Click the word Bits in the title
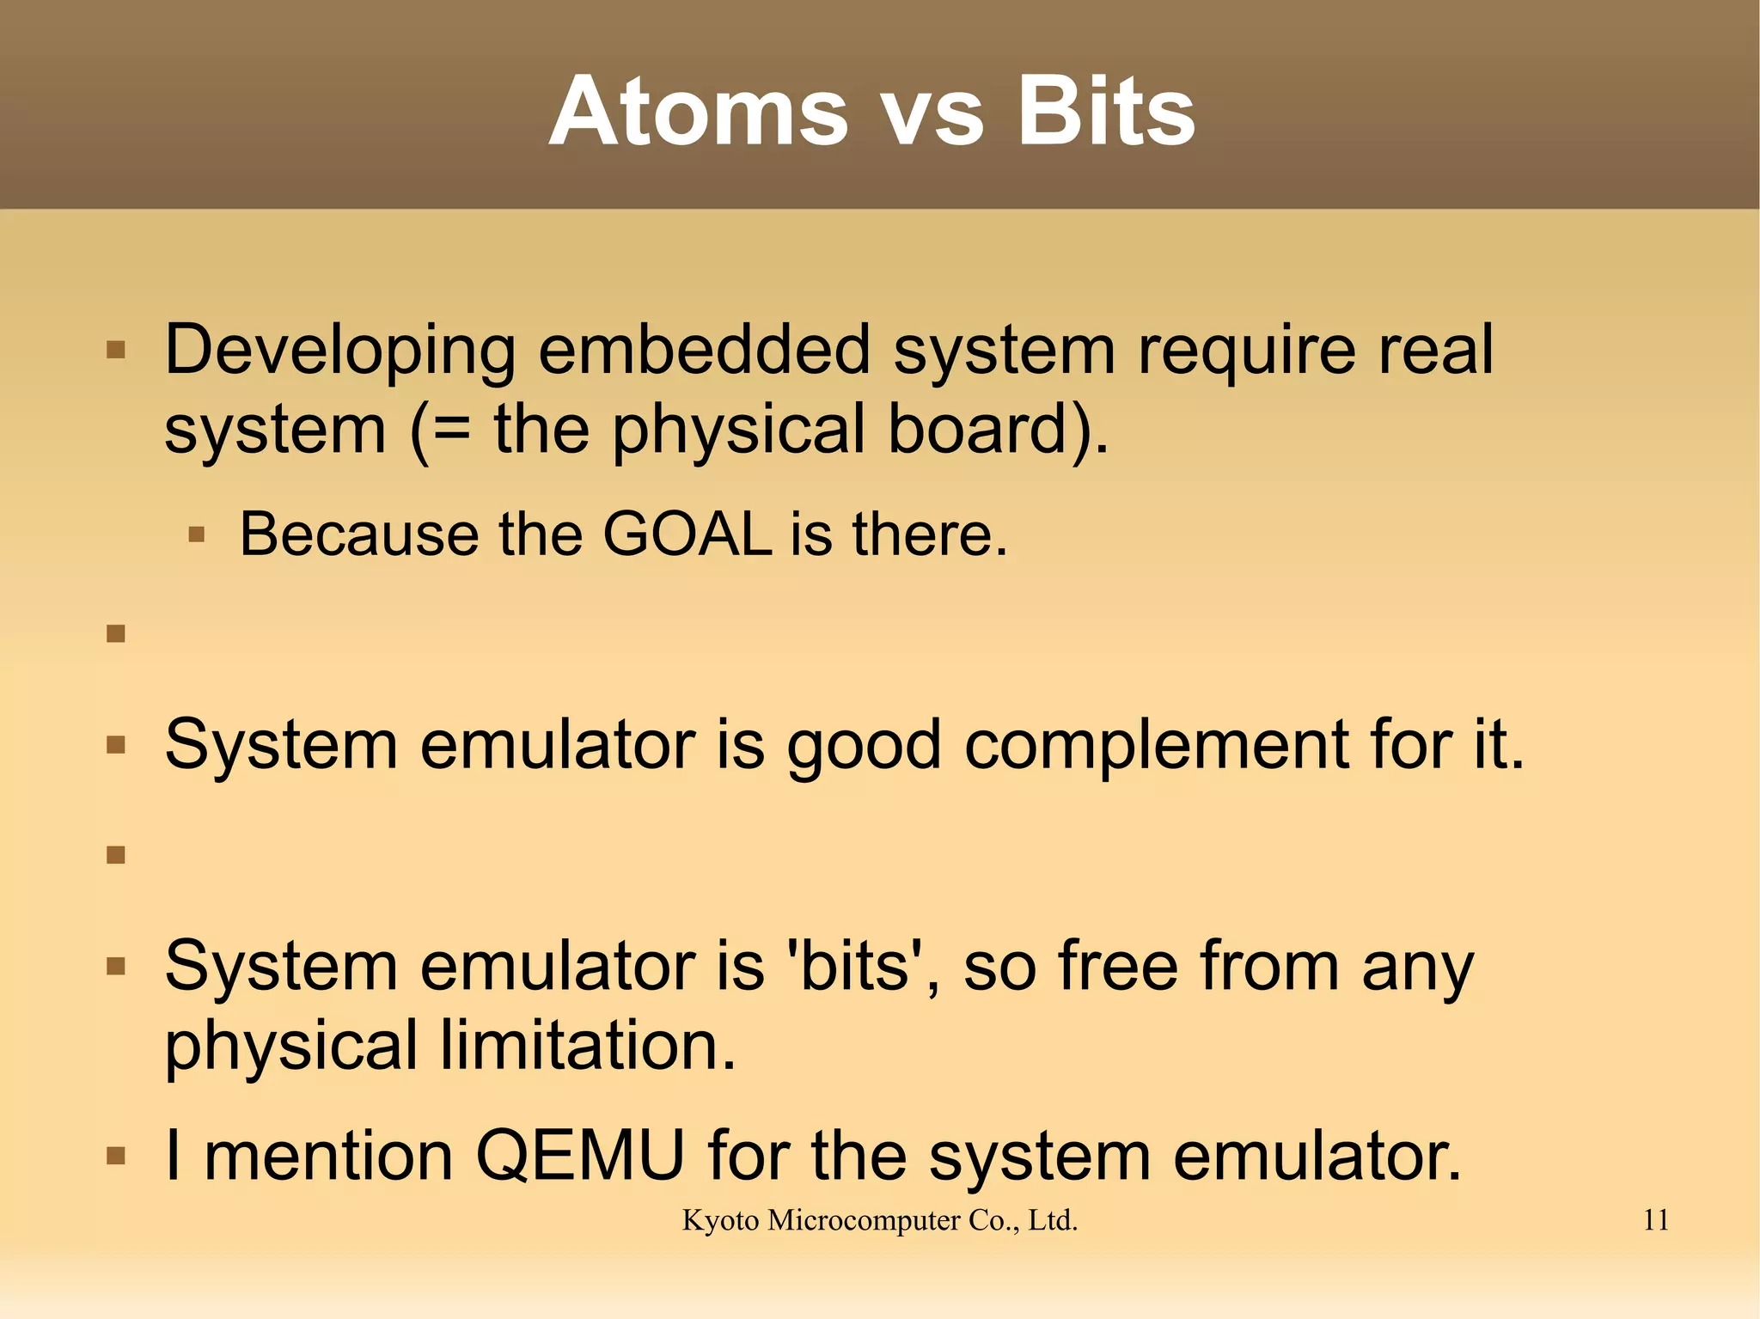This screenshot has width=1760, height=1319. click(1106, 112)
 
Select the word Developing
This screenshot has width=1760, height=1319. click(339, 352)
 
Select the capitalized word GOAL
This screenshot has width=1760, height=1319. click(687, 534)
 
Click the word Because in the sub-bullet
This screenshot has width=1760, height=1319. click(358, 534)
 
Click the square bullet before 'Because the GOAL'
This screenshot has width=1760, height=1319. click(197, 535)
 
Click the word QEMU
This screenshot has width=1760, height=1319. click(580, 1156)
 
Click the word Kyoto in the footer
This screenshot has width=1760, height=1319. click(720, 1220)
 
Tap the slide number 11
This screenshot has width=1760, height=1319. click(1655, 1220)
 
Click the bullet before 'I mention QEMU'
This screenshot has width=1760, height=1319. click(116, 1157)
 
